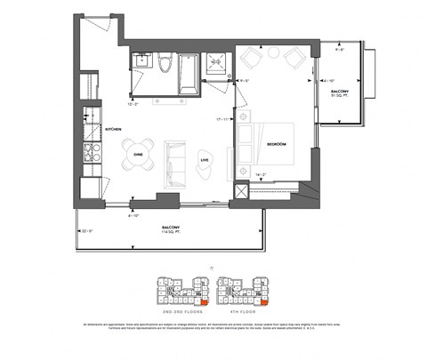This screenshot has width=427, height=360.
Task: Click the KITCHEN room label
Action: (113, 130)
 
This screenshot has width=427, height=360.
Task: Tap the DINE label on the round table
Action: (139, 153)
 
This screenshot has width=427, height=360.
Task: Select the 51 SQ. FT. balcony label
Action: (339, 94)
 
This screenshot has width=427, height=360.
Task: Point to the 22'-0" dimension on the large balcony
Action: (85, 231)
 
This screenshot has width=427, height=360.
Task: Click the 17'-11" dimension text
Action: (223, 118)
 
